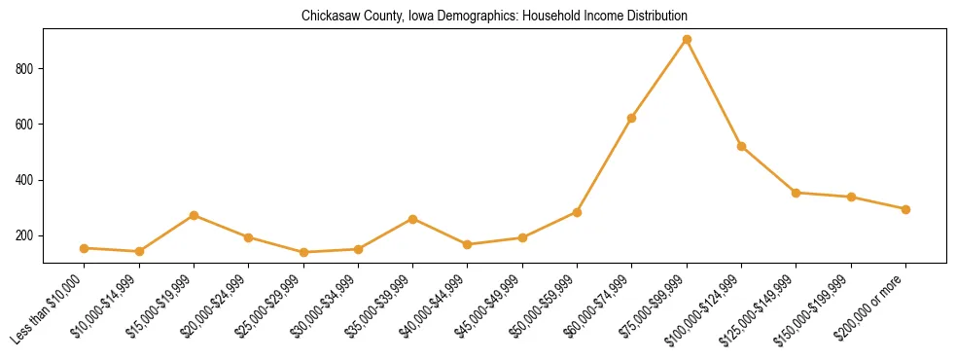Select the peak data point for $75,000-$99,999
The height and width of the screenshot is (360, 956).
tap(687, 39)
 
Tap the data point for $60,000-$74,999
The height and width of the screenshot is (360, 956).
tap(632, 119)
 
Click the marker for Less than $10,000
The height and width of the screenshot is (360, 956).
tap(85, 248)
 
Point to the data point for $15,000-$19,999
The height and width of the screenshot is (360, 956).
tap(195, 215)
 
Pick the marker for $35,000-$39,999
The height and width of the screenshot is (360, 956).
tap(413, 219)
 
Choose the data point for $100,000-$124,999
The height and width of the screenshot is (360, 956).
tap(742, 146)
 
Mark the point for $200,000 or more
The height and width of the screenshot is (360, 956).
tap(905, 209)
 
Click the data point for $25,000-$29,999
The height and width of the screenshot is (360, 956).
tap(303, 252)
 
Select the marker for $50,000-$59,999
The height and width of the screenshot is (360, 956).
tap(578, 212)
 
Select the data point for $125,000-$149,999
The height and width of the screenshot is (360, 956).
tap(797, 193)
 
